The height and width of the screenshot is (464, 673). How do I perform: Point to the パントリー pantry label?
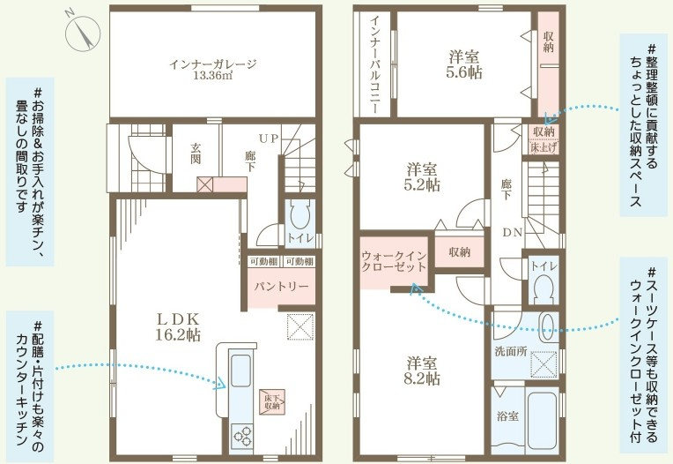pos(281,287)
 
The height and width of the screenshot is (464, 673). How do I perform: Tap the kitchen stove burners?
pos(240,436)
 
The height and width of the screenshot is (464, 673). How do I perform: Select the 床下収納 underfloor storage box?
pos(272,402)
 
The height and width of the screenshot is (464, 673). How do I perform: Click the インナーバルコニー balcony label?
pos(373,65)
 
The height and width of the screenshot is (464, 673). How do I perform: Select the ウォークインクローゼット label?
pos(395,263)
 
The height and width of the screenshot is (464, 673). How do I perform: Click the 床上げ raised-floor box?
pos(542,147)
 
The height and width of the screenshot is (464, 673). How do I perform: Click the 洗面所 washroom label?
pos(511,349)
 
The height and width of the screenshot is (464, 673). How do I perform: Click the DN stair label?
pos(511,234)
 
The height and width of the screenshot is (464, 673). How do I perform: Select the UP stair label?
pos(269,138)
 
